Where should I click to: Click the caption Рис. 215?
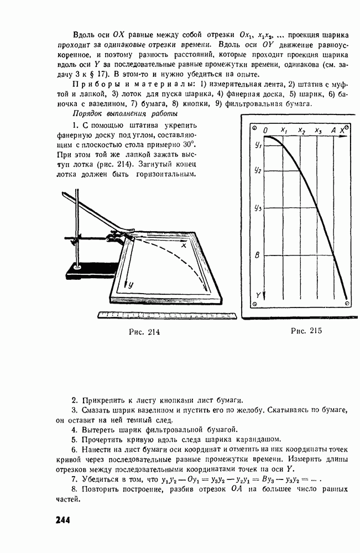[x=306, y=331]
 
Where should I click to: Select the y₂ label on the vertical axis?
[x=258, y=170]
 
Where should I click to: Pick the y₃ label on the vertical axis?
[x=258, y=208]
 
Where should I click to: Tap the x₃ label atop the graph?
[x=318, y=130]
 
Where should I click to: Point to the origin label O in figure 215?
[x=266, y=130]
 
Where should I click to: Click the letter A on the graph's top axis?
[x=333, y=130]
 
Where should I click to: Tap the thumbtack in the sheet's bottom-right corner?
[x=347, y=304]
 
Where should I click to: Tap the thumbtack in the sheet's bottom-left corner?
[x=254, y=304]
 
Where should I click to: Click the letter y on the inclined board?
[x=130, y=285]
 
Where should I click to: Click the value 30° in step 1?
[x=185, y=156]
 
